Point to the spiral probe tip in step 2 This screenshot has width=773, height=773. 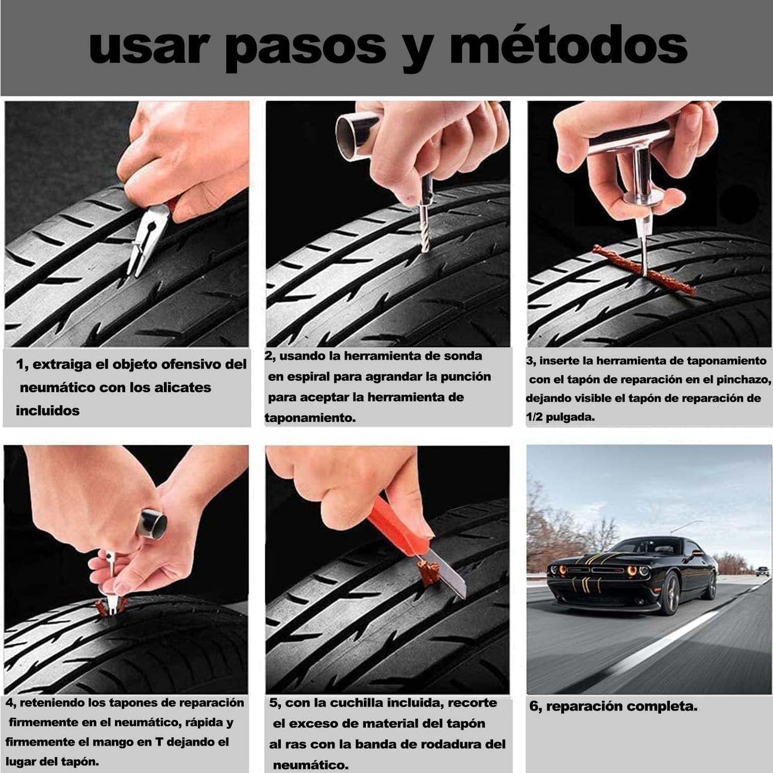[x=424, y=235]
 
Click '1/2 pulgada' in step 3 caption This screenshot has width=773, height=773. [x=560, y=417]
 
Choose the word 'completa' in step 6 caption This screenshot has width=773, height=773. [x=667, y=706]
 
